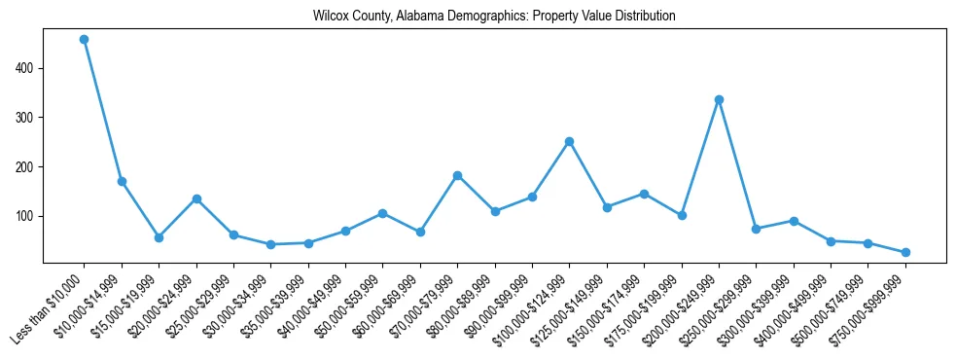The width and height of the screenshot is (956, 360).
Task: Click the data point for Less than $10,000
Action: click(x=85, y=40)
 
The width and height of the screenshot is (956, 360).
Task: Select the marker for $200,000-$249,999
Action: click(x=719, y=99)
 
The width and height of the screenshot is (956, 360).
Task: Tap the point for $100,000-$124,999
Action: click(x=570, y=141)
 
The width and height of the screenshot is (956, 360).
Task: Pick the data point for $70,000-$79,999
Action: click(x=457, y=175)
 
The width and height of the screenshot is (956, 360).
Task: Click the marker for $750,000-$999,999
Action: click(x=905, y=252)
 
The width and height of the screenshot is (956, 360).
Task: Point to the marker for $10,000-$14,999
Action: click(x=122, y=181)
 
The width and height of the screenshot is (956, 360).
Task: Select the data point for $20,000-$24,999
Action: click(x=196, y=198)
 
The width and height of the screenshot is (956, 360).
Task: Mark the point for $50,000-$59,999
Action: click(x=383, y=213)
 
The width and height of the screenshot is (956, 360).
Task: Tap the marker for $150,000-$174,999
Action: click(x=644, y=194)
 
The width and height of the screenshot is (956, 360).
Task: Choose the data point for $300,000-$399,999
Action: click(x=794, y=221)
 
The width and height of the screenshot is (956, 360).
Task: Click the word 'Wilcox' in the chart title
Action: click(x=330, y=17)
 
